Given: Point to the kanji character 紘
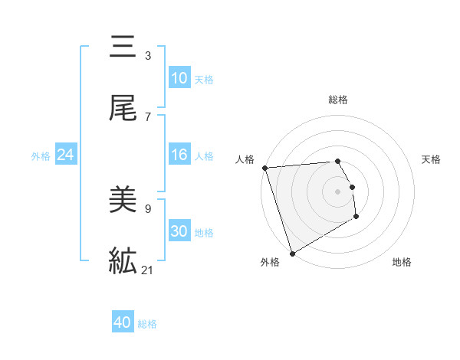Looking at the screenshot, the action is click(x=123, y=262).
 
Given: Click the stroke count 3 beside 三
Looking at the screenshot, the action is click(x=148, y=56).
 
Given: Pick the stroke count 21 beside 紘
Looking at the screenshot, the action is click(x=148, y=270).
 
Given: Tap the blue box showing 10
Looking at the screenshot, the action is click(x=179, y=78).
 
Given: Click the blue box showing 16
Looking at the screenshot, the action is click(x=179, y=155).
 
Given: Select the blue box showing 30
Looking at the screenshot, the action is click(x=179, y=231).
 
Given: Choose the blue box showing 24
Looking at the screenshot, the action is click(x=66, y=155).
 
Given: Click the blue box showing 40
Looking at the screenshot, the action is click(x=123, y=322).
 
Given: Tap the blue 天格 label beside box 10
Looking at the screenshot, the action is click(x=204, y=80).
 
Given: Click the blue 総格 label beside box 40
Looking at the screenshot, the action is click(x=147, y=324).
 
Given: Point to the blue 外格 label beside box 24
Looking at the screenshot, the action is click(x=41, y=156).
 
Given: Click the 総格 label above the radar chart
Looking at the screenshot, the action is click(x=338, y=100).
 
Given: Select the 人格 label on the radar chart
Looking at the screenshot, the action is click(x=245, y=159).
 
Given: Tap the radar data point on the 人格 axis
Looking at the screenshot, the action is click(x=264, y=168).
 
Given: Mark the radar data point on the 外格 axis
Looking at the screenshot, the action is click(x=292, y=253).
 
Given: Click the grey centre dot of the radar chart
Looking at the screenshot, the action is click(x=337, y=191).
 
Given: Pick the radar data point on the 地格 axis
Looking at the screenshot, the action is click(x=356, y=218).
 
